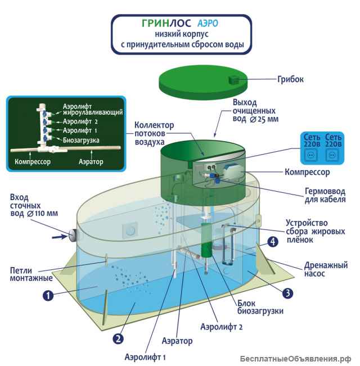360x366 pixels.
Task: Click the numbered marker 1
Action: [x=48, y=294]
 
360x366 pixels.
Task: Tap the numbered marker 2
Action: [x=119, y=338]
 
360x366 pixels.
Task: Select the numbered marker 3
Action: [x=287, y=292]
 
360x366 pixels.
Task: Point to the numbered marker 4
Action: [x=272, y=242]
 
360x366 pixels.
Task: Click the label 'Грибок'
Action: [x=290, y=79]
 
